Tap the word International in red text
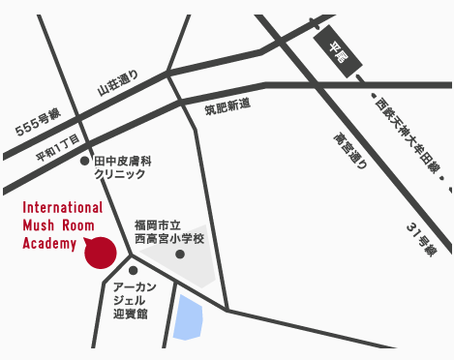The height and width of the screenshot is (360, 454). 62,208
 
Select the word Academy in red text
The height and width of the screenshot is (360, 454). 48,243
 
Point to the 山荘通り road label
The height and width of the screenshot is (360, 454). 118,82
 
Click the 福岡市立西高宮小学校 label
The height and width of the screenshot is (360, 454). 169,231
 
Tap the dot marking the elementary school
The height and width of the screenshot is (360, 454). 179,255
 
